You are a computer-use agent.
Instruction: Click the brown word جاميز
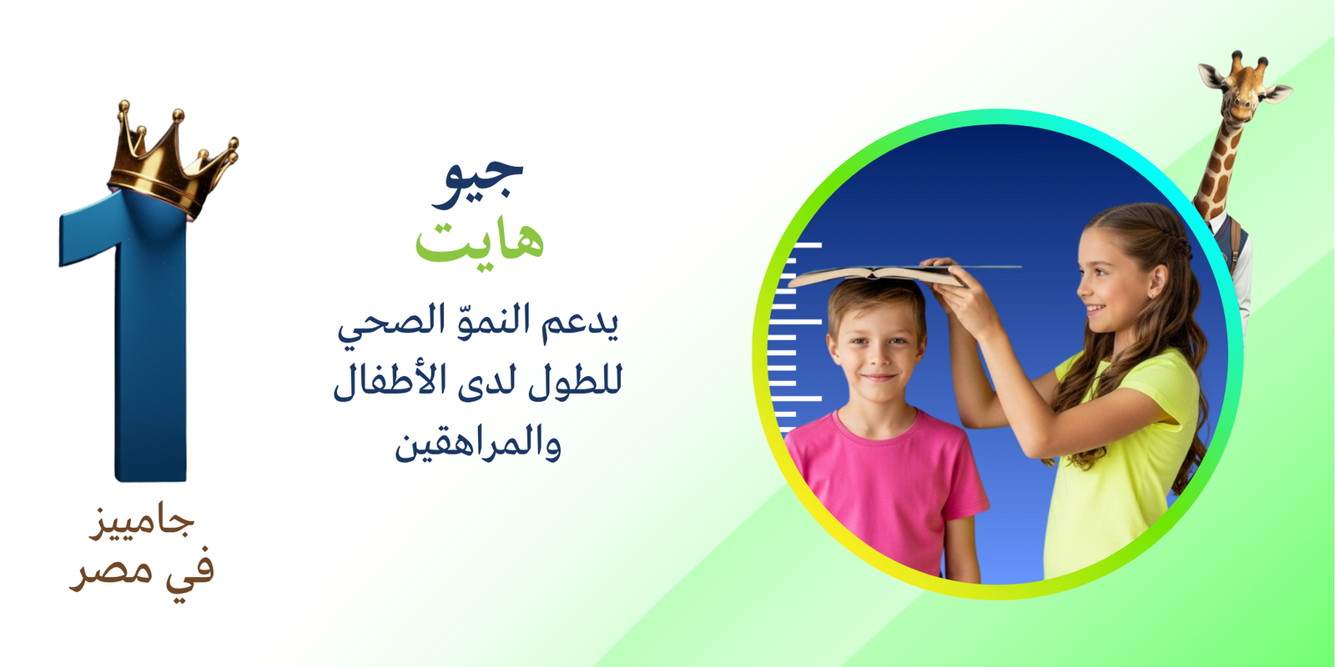click(142, 523)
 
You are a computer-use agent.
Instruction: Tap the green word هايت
click(480, 241)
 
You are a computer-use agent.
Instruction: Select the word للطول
click(576, 381)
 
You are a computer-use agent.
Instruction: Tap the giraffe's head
click(1243, 89)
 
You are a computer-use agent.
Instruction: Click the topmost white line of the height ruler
click(804, 245)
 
